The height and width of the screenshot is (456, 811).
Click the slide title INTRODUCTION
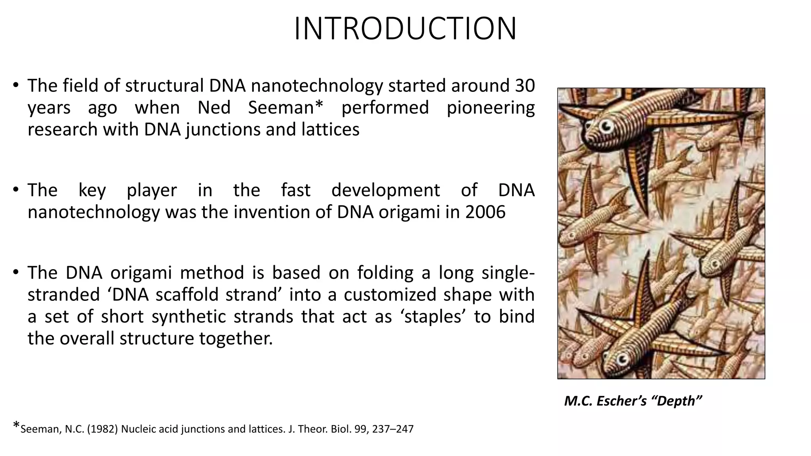405,28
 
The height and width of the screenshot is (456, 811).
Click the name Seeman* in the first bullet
286,108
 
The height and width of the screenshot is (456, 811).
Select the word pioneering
491,108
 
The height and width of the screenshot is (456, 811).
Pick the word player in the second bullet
152,190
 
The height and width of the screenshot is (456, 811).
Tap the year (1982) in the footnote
102,429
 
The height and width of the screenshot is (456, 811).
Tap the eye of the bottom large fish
622,359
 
